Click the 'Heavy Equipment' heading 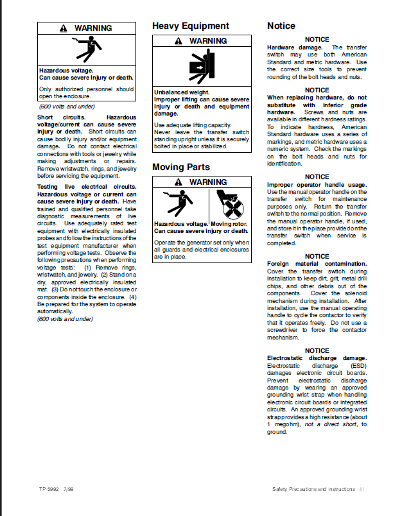pyautogui.click(x=190, y=26)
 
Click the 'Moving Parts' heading pyautogui.click(x=180, y=168)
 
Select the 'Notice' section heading pyautogui.click(x=281, y=26)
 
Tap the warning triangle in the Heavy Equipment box pyautogui.click(x=179, y=41)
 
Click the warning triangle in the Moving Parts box pyautogui.click(x=179, y=182)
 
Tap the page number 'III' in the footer pyautogui.click(x=362, y=489)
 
